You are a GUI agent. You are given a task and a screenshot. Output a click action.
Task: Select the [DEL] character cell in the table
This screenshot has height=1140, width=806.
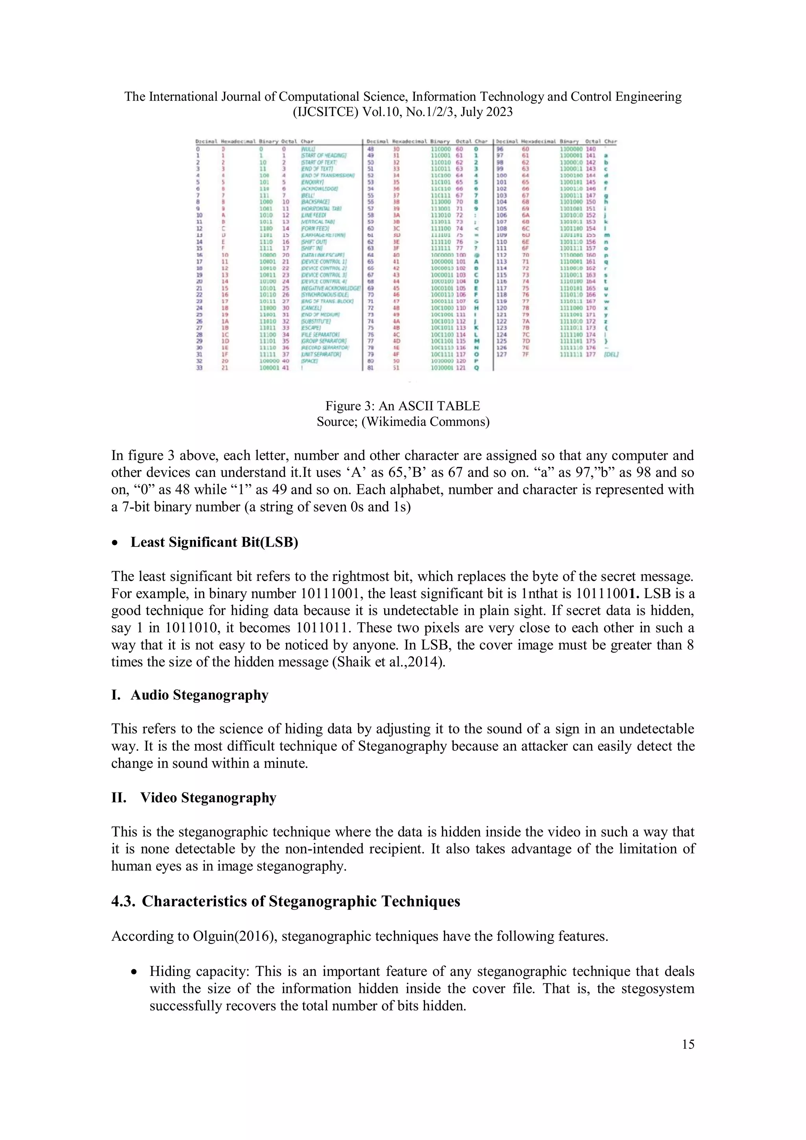pos(611,354)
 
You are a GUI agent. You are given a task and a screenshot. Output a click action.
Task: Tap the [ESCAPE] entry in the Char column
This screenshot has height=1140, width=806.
pos(311,328)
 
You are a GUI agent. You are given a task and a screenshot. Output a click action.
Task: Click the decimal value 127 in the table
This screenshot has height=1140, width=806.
pos(501,354)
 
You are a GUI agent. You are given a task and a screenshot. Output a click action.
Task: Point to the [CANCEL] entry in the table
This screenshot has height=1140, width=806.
pos(311,308)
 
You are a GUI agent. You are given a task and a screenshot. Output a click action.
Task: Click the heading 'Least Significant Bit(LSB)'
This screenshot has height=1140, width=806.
pos(214,542)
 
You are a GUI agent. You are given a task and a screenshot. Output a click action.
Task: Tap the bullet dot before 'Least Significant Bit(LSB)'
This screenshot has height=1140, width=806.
pos(115,543)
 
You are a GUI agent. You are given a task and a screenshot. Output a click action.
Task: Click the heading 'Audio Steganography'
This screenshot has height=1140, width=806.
pos(199,695)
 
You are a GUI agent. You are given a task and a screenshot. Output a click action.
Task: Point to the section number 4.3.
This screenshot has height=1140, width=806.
pos(123,901)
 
